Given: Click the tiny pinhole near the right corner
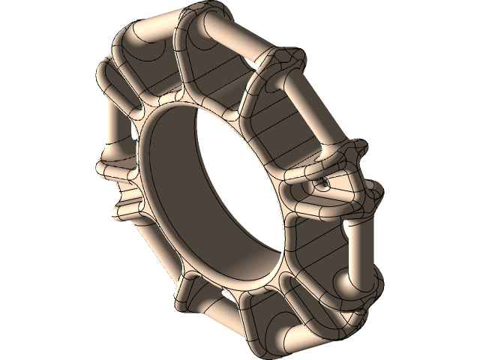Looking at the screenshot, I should pyautogui.click(x=324, y=181).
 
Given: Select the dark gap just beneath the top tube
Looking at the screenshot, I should pyautogui.click(x=225, y=56).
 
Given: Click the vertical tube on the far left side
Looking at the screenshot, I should pyautogui.click(x=112, y=124).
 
